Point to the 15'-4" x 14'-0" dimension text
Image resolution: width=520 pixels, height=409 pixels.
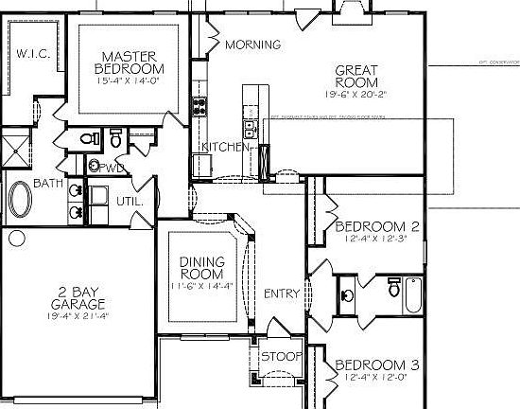pyautogui.click(x=130, y=82)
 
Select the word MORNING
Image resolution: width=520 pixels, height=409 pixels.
pyautogui.click(x=252, y=44)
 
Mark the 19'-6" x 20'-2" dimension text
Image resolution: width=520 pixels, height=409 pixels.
pyautogui.click(x=357, y=95)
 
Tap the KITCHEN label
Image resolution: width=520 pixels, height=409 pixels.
pyautogui.click(x=224, y=148)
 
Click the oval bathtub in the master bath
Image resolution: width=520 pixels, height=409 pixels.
pyautogui.click(x=20, y=202)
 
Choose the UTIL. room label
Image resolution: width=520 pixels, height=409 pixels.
pyautogui.click(x=130, y=202)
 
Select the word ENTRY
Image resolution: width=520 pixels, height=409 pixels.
pyautogui.click(x=282, y=293)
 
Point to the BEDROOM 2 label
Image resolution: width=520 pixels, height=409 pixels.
pyautogui.click(x=377, y=227)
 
